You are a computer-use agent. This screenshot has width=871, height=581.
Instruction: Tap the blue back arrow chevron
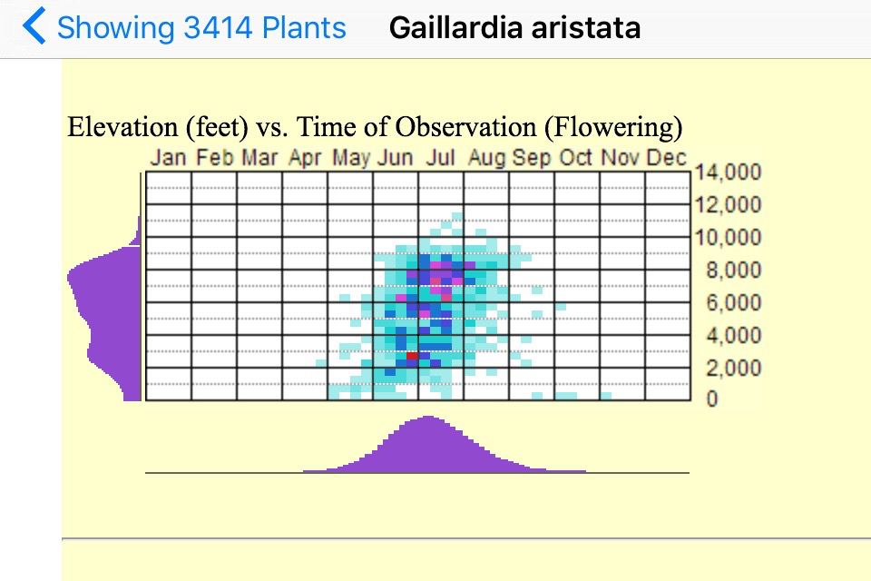pyautogui.click(x=34, y=25)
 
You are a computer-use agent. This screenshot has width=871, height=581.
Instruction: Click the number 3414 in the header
pyautogui.click(x=218, y=27)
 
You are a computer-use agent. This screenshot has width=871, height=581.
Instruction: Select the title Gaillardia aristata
pyautogui.click(x=514, y=27)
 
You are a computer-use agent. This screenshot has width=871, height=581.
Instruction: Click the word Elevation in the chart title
pyautogui.click(x=122, y=127)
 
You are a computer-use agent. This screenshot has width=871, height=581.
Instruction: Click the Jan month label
pyautogui.click(x=168, y=157)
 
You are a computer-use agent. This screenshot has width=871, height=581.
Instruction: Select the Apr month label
pyautogui.click(x=305, y=158)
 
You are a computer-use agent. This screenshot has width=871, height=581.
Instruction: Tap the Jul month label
pyautogui.click(x=441, y=157)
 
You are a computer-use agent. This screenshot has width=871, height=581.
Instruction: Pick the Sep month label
pyautogui.click(x=532, y=158)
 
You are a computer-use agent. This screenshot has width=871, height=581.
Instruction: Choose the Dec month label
pyautogui.click(x=667, y=157)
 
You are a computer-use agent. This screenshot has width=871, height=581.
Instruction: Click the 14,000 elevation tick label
pyautogui.click(x=728, y=172)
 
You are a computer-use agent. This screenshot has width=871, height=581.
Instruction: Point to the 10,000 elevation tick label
pyautogui.click(x=728, y=238)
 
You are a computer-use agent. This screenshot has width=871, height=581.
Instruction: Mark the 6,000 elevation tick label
pyautogui.click(x=733, y=302)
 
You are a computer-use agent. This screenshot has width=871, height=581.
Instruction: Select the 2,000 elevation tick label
pyautogui.click(x=733, y=368)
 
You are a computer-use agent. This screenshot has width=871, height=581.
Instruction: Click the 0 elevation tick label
pyautogui.click(x=712, y=399)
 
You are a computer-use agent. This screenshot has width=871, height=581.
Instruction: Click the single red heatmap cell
pyautogui.click(x=412, y=356)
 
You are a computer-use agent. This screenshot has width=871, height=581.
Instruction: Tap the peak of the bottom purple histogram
pyautogui.click(x=428, y=417)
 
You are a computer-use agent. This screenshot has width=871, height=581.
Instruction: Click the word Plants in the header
pyautogui.click(x=304, y=27)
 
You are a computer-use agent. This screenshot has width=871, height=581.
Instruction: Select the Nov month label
pyautogui.click(x=621, y=157)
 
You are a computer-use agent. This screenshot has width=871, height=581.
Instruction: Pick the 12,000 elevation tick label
pyautogui.click(x=728, y=204)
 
